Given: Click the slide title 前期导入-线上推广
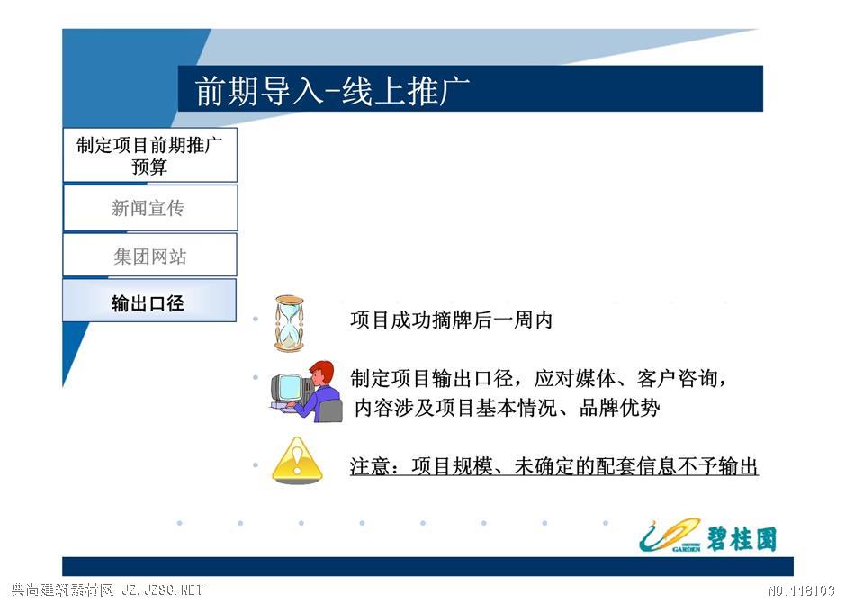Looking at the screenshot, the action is (x=332, y=90).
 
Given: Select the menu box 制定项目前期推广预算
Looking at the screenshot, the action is (x=150, y=155).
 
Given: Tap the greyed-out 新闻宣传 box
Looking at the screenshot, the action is (x=150, y=208).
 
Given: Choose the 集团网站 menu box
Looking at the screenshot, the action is (x=150, y=255).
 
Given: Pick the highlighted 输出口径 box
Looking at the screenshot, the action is (x=149, y=301).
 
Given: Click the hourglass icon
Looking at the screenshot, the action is (x=289, y=323).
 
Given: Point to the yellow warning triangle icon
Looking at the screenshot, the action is (x=297, y=461).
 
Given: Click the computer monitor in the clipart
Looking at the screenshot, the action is (x=288, y=388).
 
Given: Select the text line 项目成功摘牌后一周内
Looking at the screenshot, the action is (x=452, y=320).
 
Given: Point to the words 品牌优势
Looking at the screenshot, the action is (x=619, y=407).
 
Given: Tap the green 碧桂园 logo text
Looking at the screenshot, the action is (x=742, y=538).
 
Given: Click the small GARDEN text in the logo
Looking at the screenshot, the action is (x=686, y=548).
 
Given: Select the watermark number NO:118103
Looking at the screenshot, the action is (x=802, y=590).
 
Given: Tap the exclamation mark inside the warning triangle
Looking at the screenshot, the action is (x=297, y=460).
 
